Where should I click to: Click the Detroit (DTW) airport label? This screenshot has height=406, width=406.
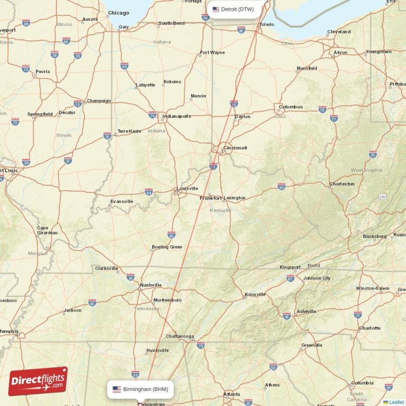237,9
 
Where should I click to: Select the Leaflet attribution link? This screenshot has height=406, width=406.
396,402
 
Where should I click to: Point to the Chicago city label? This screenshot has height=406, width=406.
118,13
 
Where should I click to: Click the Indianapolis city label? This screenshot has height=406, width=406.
177,116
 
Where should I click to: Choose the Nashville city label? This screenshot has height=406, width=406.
151,285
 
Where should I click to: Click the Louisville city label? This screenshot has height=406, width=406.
187,188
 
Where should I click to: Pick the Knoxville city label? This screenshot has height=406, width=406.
255,294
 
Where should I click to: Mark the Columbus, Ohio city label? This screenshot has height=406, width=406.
291,107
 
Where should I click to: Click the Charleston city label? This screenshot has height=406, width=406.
342,184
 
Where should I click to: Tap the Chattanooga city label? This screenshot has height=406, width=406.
180,336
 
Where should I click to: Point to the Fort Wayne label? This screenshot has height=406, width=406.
212,52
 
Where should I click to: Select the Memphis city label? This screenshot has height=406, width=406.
9,331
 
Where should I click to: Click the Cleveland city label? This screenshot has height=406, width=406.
339,31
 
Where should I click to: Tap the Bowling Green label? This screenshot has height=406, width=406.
166,247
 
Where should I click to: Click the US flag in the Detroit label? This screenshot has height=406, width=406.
216,9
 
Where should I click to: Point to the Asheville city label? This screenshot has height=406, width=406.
306,312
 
